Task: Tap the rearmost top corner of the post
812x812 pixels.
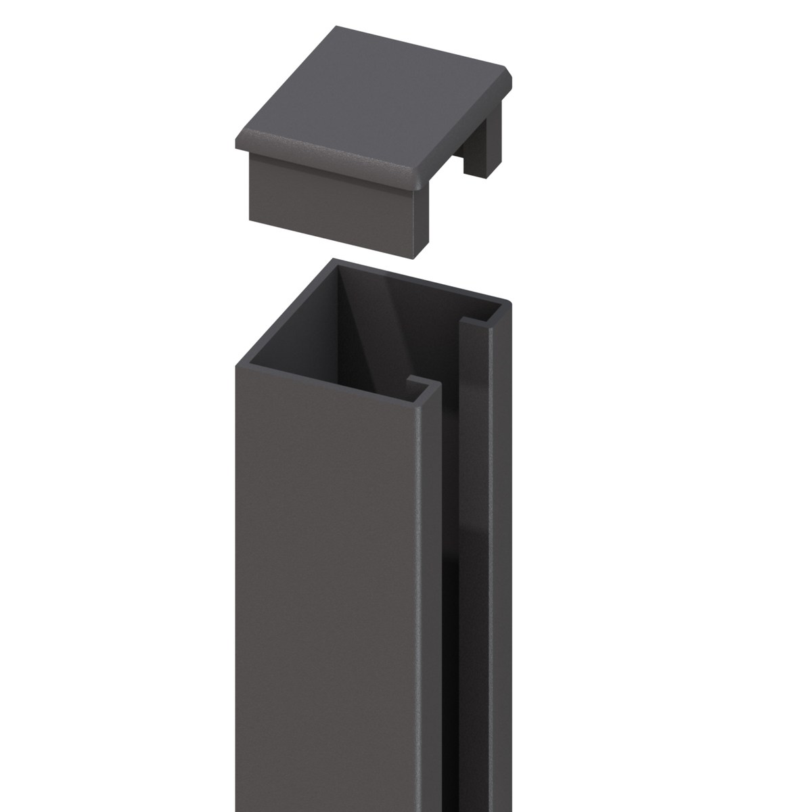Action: point(331,258)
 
